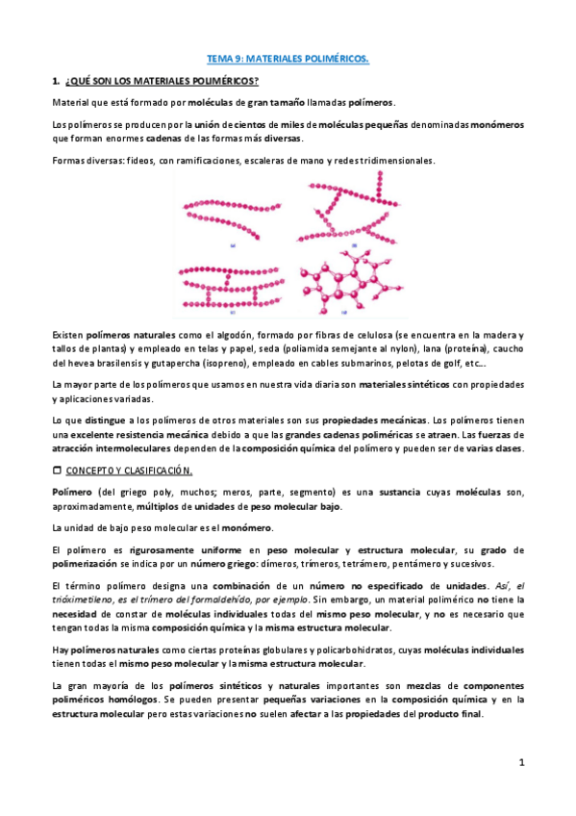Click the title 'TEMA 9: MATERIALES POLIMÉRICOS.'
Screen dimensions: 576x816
[x=288, y=58]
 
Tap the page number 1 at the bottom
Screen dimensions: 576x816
[x=520, y=763]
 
